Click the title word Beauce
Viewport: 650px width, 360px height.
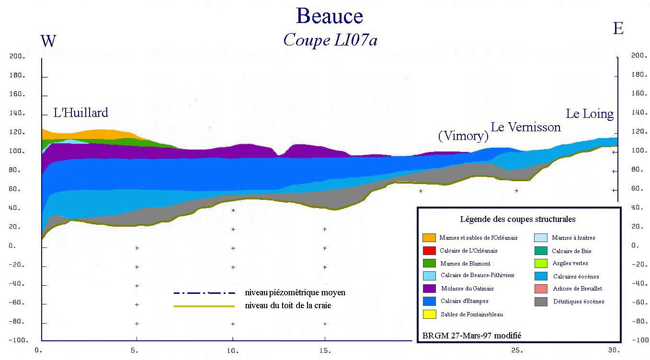[330, 16]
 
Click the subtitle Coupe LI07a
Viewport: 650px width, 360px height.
[330, 40]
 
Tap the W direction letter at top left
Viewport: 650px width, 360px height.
[48, 41]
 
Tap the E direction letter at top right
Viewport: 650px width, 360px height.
[618, 29]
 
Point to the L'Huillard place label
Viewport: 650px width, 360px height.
[80, 113]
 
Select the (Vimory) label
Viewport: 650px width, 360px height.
[463, 136]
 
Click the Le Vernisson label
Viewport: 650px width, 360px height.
[525, 127]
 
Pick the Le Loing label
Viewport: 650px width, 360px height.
[590, 114]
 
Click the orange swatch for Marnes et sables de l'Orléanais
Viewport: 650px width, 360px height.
[429, 238]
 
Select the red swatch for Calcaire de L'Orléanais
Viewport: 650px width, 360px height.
[429, 251]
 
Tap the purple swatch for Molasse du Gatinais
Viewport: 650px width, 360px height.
[429, 289]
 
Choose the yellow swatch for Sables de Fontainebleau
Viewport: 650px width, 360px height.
[429, 314]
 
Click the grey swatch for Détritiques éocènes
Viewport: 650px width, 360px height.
[540, 302]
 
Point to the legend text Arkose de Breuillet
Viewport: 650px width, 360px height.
[577, 289]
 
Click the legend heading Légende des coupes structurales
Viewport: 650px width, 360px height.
[518, 220]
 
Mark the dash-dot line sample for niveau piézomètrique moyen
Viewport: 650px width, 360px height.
[205, 293]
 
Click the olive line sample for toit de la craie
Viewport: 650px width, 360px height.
[205, 306]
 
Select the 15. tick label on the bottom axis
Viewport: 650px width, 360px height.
[325, 350]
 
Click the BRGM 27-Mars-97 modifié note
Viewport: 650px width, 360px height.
[471, 336]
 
